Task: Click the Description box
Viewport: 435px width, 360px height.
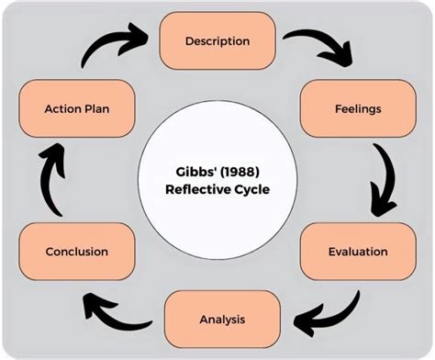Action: (217, 40)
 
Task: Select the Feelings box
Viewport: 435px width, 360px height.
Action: (345, 108)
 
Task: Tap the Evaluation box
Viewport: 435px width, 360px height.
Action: (345, 251)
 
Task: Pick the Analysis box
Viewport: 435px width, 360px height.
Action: (221, 320)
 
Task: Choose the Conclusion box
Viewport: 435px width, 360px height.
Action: (77, 251)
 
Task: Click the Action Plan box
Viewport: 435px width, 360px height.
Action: (77, 108)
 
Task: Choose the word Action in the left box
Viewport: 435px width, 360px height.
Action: (62, 108)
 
